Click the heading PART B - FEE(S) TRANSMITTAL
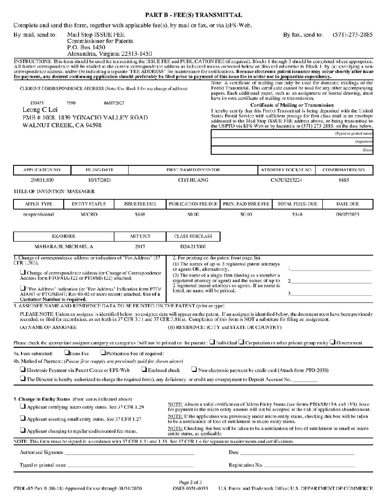193,15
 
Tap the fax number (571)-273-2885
353,34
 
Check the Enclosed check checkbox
144,370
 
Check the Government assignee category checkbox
333,343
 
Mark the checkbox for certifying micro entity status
23,406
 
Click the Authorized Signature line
129,452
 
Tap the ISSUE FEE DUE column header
140,204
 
